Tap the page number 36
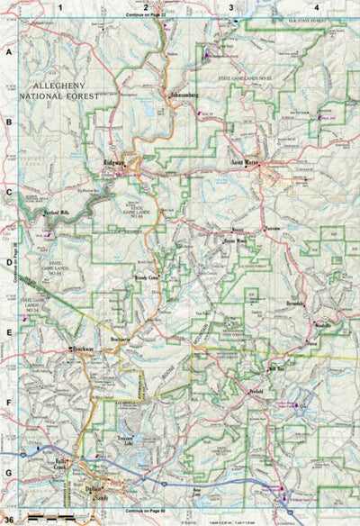click(x=8, y=520)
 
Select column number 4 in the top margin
click(x=316, y=8)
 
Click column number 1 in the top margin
click(x=60, y=8)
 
